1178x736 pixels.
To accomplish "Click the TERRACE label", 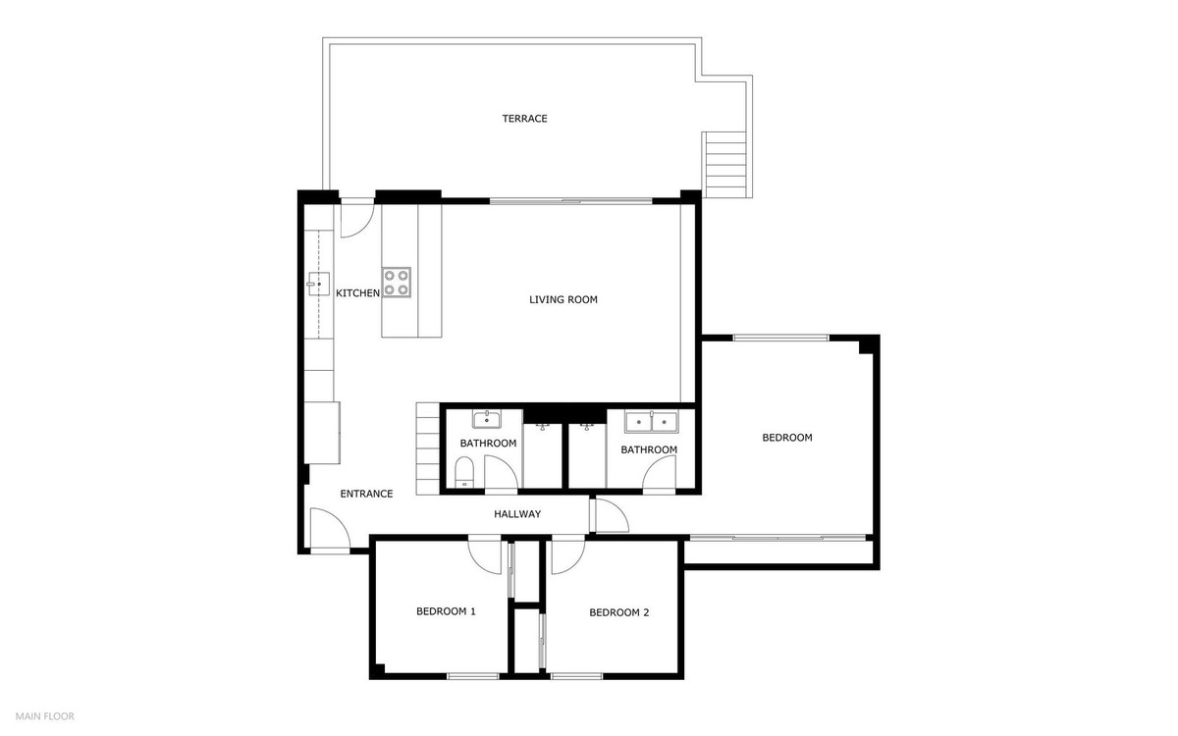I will [524, 119].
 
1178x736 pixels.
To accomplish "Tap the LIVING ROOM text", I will [562, 300].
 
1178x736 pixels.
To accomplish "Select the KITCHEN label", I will [357, 293].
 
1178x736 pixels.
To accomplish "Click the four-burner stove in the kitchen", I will [397, 283].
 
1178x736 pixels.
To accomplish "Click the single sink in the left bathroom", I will [487, 421].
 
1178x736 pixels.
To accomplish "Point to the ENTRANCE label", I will [366, 494].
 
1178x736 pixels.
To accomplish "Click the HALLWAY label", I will [516, 514].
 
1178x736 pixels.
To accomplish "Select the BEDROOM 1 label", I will [446, 611].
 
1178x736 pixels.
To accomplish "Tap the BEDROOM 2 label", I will [618, 612].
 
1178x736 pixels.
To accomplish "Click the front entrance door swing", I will [328, 530].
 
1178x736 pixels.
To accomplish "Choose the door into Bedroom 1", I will [486, 554].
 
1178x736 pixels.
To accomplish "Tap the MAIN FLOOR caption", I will [44, 716].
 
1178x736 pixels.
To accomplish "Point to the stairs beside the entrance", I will [427, 448].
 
